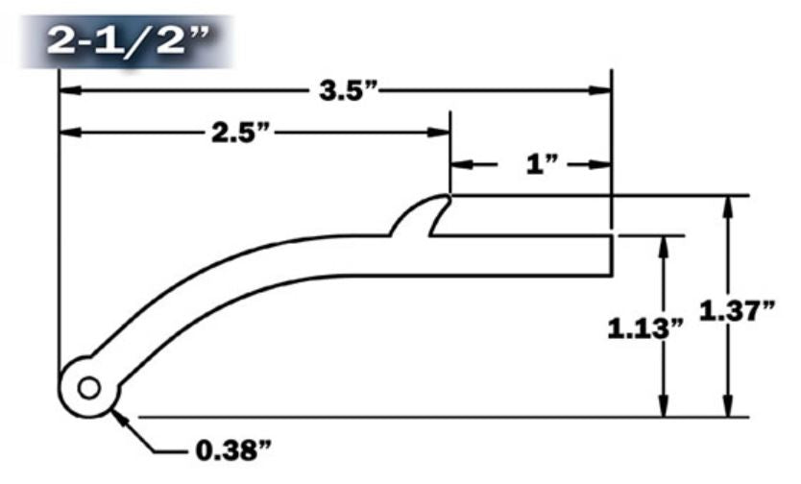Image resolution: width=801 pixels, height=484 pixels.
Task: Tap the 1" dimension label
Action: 543,164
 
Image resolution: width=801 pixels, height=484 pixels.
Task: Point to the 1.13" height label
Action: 645,327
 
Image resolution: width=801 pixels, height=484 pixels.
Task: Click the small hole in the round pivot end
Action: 88,388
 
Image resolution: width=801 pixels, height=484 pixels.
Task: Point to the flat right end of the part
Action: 612,254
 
